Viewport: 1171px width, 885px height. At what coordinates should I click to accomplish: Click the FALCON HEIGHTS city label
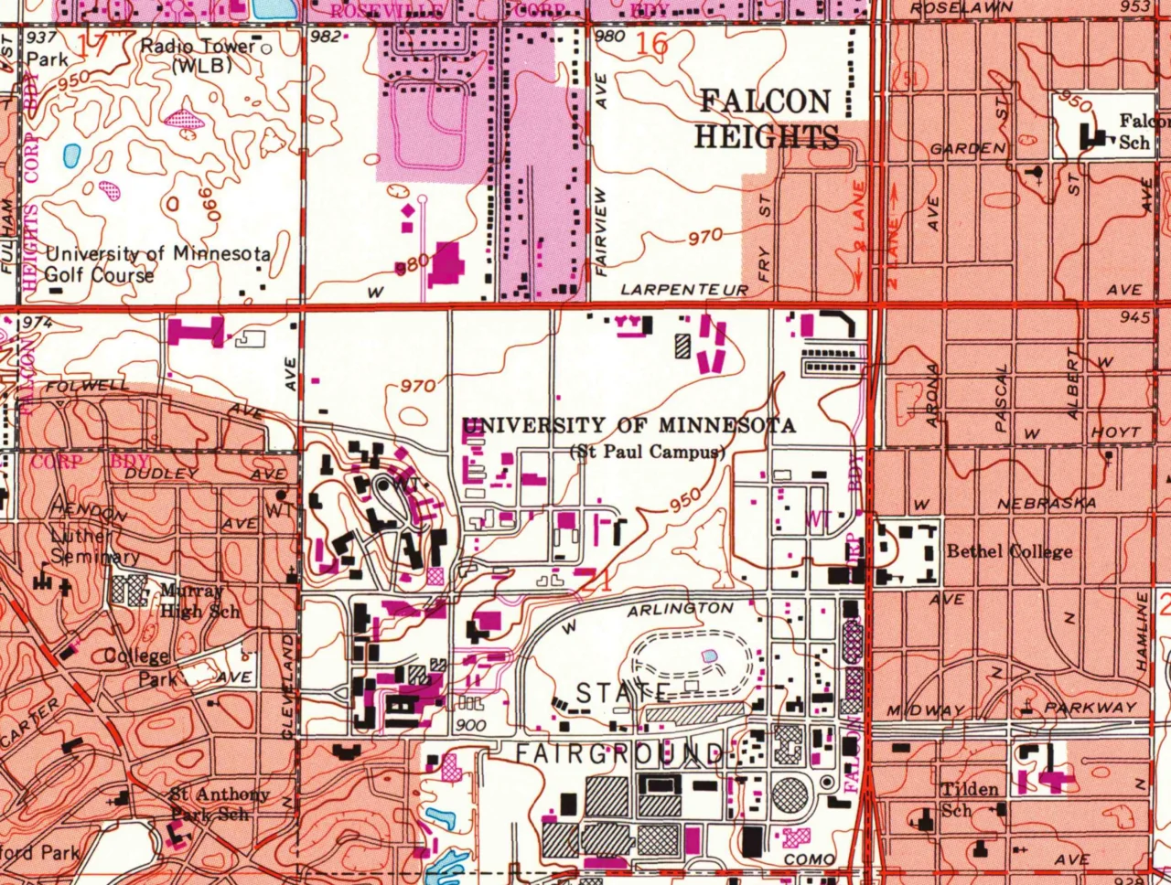click(x=766, y=119)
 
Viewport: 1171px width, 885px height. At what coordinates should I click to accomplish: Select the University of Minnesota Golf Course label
click(x=157, y=264)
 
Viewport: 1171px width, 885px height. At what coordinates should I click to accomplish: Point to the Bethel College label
click(x=1009, y=551)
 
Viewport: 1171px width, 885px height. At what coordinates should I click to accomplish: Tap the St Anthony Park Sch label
click(x=220, y=804)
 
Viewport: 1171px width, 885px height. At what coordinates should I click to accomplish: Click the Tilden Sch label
click(x=970, y=798)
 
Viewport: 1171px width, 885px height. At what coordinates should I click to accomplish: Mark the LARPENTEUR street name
click(x=684, y=290)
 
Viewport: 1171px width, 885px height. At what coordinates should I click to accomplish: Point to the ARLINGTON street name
click(x=680, y=609)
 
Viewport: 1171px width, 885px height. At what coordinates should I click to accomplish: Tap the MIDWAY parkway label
click(x=926, y=710)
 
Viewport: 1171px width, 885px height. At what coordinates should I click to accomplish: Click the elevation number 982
click(x=327, y=37)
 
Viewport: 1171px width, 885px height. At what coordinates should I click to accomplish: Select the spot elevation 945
click(x=1133, y=317)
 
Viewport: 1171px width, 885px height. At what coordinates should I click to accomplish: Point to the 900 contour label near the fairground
click(x=469, y=724)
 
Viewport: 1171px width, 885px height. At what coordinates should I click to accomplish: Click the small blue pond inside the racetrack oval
click(x=710, y=656)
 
